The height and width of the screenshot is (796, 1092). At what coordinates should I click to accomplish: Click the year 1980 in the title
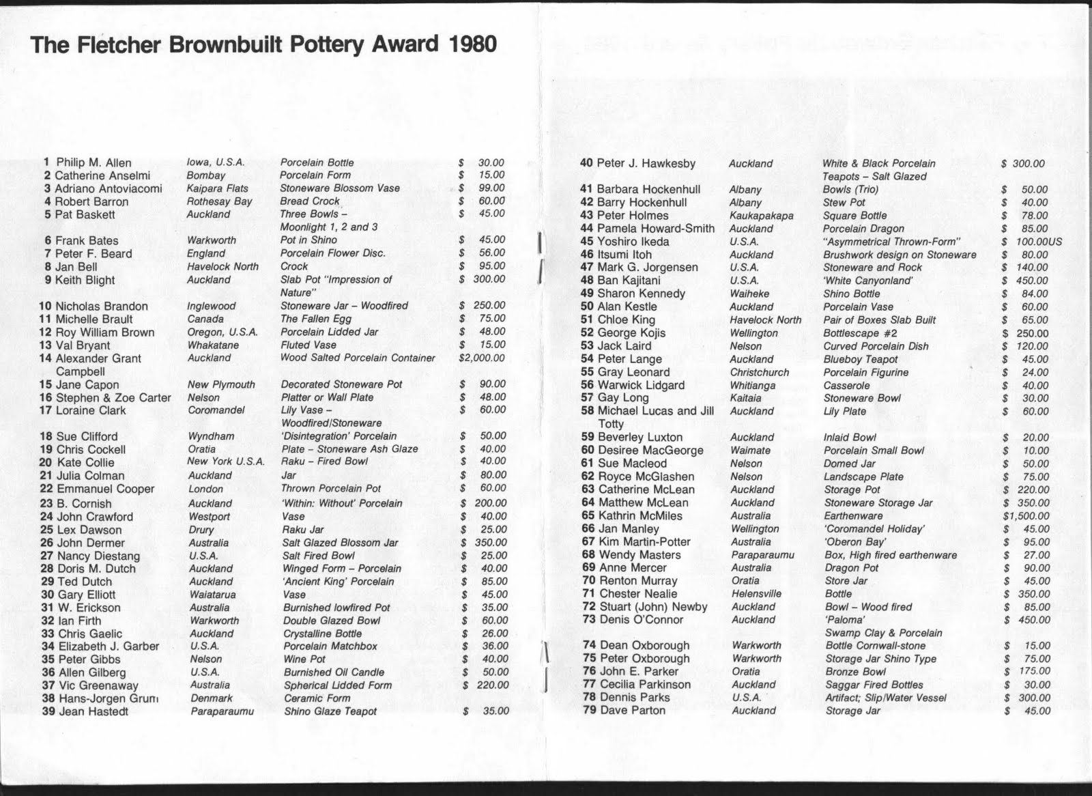pos(473,45)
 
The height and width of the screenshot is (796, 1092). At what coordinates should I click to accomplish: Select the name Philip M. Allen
pos(94,162)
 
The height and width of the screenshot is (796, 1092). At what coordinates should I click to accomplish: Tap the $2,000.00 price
pos(482,358)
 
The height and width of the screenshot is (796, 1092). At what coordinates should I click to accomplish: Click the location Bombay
pos(205,175)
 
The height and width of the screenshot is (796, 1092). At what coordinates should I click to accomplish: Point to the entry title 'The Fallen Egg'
pos(316,319)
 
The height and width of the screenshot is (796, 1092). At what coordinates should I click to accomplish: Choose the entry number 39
pos(48,711)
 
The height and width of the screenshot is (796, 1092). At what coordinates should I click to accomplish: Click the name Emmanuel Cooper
pos(105,489)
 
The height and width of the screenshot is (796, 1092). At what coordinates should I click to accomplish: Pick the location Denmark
pos(212,698)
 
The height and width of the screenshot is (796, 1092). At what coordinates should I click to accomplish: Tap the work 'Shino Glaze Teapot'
pos(330,711)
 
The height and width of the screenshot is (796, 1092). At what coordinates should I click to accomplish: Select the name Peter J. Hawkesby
pos(646,163)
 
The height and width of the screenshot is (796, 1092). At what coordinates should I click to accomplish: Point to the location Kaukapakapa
pos(762,216)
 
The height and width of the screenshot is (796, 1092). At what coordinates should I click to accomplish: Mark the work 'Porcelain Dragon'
pos(863,229)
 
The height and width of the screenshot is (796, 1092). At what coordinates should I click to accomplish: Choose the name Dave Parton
pos(632,710)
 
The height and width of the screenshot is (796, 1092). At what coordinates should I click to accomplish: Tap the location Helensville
pos(756,594)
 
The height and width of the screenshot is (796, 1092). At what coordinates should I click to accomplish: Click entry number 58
pos(587,411)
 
